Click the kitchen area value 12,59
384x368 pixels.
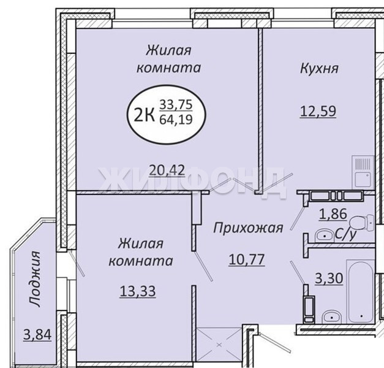click(318, 112)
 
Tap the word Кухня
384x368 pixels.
click(319, 68)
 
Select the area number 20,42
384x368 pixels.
click(167, 170)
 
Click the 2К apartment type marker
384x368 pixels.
click(145, 115)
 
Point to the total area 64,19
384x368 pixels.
click(176, 120)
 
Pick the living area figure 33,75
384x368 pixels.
click(176, 105)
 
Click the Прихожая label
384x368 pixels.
click(248, 228)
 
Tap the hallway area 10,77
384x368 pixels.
click(247, 259)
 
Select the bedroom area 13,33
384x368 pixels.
click(138, 291)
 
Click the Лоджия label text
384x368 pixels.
click(34, 278)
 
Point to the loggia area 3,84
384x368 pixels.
click(37, 335)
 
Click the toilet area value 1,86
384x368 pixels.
click(333, 213)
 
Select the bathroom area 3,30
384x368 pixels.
click(329, 278)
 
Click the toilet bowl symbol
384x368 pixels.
click(361, 223)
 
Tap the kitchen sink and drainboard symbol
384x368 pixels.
click(363, 172)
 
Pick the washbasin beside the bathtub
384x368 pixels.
click(331, 316)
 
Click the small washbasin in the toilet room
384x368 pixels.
click(324, 236)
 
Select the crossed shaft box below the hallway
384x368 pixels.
click(219, 345)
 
